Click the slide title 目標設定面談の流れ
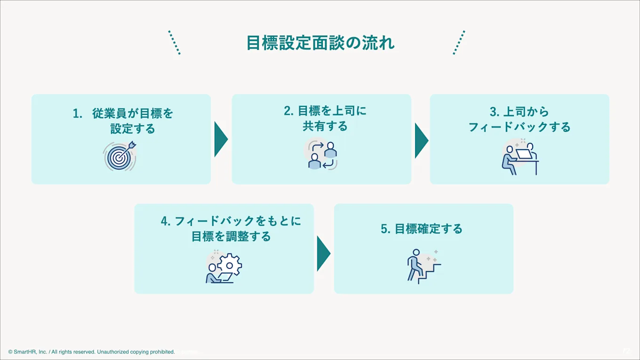[x=320, y=43]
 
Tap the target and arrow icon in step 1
[x=120, y=156]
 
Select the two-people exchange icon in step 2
[x=322, y=155]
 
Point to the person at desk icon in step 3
[x=520, y=157]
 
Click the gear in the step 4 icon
[x=230, y=265]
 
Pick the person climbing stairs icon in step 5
[x=423, y=265]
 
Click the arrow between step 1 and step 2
[x=221, y=139]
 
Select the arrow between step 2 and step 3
[x=421, y=140]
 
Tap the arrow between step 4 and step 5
[x=323, y=254]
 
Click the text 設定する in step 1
[x=133, y=128]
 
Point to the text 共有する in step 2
[x=325, y=126]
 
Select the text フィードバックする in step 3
[x=519, y=127]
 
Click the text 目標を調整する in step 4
[x=231, y=236]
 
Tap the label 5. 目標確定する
[x=422, y=229]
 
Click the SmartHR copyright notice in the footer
[x=91, y=352]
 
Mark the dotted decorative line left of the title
[x=175, y=43]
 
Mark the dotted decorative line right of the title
[x=459, y=43]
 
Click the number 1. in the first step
[x=78, y=114]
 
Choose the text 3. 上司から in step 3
[x=519, y=112]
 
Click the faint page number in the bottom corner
[x=626, y=351]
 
